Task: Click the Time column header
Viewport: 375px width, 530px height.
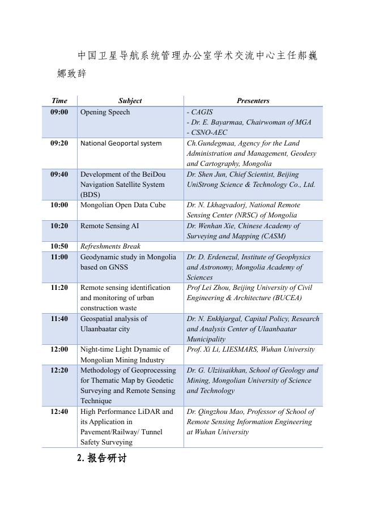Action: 59,101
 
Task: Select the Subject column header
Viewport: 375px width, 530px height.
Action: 130,101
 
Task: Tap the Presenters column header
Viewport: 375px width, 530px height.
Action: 253,101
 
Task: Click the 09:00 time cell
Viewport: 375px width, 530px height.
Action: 59,112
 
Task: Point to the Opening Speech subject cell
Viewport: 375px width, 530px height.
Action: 105,112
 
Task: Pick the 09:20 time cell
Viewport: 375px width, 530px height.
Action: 59,143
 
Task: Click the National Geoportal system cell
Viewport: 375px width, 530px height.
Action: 121,143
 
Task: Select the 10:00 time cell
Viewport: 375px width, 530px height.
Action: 59,205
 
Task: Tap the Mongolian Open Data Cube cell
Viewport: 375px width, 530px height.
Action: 123,205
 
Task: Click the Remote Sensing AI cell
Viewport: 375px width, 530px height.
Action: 109,226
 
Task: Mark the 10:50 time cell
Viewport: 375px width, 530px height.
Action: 59,246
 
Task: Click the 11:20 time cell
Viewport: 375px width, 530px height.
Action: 59,288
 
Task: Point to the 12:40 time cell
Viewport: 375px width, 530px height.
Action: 59,412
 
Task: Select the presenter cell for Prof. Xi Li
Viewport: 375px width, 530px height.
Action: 250,349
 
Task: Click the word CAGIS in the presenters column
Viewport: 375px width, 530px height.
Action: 202,112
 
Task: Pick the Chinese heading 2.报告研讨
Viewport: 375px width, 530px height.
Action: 102,459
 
